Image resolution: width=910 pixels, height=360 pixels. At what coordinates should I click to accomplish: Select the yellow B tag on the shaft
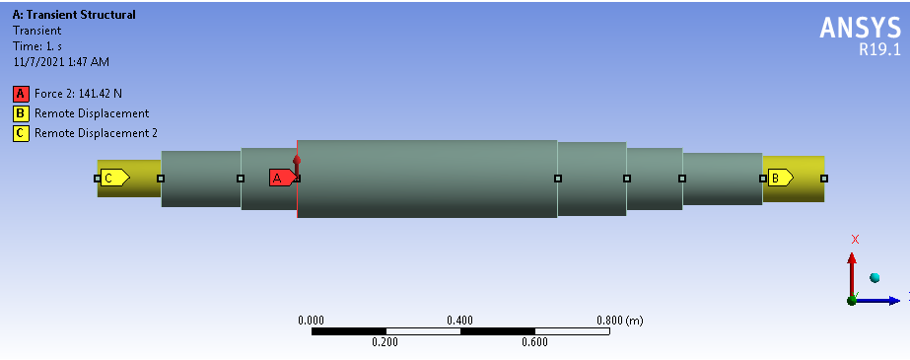780,178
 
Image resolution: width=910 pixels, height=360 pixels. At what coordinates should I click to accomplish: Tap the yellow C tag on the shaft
115,178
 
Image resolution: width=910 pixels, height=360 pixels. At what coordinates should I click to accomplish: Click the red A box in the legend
21,94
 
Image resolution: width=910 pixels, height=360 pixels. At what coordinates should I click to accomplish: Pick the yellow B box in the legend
21,113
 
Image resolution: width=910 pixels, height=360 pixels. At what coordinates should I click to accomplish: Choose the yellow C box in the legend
21,133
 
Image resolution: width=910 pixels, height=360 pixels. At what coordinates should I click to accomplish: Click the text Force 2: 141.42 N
78,94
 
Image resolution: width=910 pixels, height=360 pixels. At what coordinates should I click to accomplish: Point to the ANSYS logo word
860,28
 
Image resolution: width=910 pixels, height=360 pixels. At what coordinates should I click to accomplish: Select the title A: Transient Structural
74,15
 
